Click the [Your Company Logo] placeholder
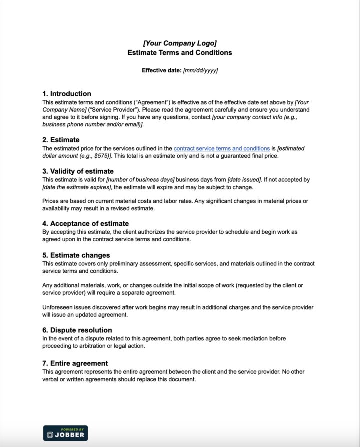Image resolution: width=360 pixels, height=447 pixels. [x=180, y=43]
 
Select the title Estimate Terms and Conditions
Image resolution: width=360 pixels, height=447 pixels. [x=180, y=52]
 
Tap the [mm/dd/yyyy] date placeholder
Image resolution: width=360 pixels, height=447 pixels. [x=200, y=70]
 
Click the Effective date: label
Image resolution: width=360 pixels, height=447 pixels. [x=161, y=70]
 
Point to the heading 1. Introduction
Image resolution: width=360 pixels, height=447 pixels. [x=67, y=93]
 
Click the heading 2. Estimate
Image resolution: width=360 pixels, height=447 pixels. [x=61, y=140]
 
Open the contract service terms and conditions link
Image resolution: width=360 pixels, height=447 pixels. [x=222, y=148]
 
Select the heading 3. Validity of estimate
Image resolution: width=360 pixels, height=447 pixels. [x=78, y=171]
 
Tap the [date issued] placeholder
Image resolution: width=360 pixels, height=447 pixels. [x=244, y=180]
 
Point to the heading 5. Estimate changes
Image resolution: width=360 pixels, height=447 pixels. [x=76, y=255]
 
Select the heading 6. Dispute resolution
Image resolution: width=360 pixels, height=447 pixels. [x=77, y=330]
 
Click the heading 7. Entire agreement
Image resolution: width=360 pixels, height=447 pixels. [x=75, y=363]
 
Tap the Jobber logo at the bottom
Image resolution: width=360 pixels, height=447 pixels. [x=65, y=433]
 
